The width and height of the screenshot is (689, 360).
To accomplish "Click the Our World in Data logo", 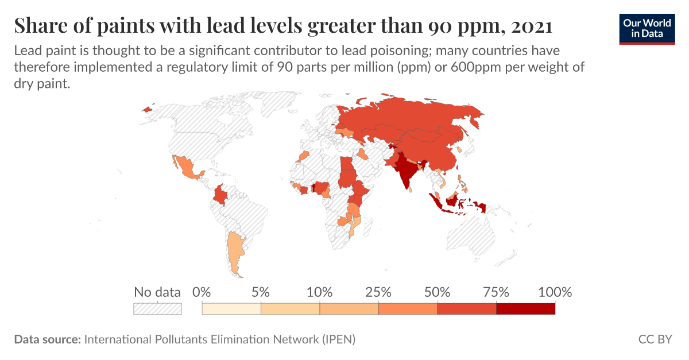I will pyautogui.click(x=648, y=28).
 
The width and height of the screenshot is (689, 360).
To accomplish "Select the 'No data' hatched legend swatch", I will pyautogui.click(x=157, y=309).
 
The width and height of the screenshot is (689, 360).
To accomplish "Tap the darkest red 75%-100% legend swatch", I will pyautogui.click(x=525, y=309).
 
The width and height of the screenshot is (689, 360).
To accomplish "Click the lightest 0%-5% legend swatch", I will pyautogui.click(x=231, y=309).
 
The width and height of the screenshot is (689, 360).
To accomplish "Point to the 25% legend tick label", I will pyautogui.click(x=378, y=292).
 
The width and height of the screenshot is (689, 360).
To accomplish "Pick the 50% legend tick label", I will pyautogui.click(x=438, y=292).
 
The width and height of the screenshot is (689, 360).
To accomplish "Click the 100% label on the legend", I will pyautogui.click(x=555, y=292).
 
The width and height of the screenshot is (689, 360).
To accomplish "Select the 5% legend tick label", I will pyautogui.click(x=261, y=292).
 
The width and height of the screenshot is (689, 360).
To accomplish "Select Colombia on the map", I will pyautogui.click(x=220, y=196).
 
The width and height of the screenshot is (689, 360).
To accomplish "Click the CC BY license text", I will pyautogui.click(x=655, y=339).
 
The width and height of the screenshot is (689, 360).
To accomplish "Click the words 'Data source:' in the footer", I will pyautogui.click(x=47, y=339).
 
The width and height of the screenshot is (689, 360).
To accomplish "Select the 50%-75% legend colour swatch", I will pyautogui.click(x=467, y=309).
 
